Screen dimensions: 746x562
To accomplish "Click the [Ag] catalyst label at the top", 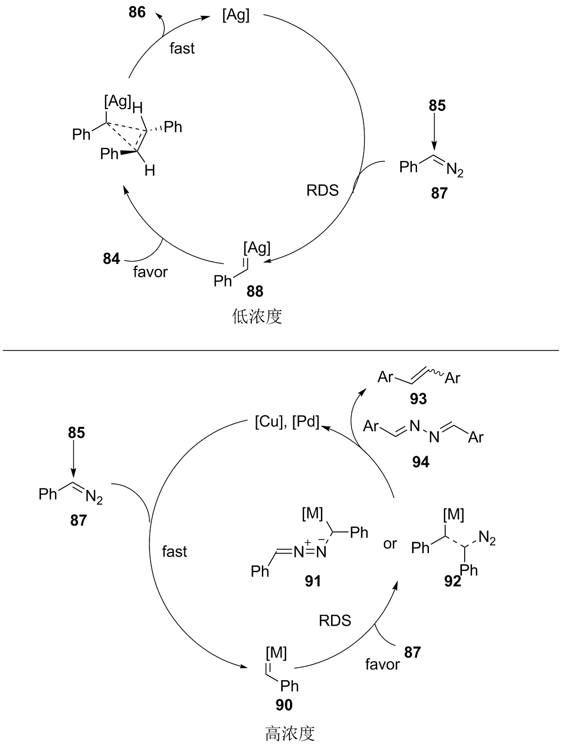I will coord(235,15).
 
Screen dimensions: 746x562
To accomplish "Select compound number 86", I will coord(137,12).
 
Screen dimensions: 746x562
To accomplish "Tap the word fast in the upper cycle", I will coord(182,48).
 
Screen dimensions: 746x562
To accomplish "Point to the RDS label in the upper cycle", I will coord(323,190).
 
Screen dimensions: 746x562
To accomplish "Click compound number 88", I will coord(255,291).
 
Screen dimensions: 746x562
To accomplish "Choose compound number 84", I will coord(111,259).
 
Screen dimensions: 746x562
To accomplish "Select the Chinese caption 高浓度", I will coord(290,733).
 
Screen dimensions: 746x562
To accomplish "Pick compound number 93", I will coord(419,399).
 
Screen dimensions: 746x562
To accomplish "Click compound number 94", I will coord(420,462).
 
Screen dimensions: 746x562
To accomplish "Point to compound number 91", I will coord(312,581).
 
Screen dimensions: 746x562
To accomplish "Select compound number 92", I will coord(452,582).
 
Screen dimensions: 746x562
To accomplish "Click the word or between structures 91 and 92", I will coord(390,544).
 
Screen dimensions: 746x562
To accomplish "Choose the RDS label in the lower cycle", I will coord(335,621).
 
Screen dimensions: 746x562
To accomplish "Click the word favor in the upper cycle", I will coord(151,272).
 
